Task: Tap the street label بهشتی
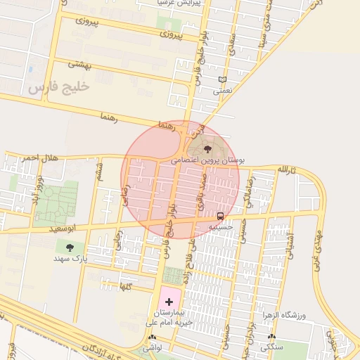click(x=79, y=65)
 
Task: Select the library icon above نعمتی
click(x=224, y=79)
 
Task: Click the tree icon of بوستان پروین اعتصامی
click(x=207, y=148)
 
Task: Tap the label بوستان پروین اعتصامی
click(x=208, y=160)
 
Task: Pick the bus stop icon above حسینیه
click(x=221, y=216)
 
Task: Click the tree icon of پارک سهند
click(x=69, y=247)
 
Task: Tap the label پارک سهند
click(x=70, y=259)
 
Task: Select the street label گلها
click(x=126, y=286)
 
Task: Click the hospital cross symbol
click(x=169, y=301)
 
